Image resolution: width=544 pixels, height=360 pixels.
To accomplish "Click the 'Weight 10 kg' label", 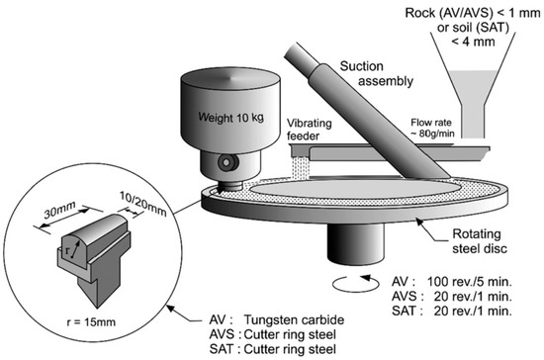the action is pyautogui.click(x=231, y=118).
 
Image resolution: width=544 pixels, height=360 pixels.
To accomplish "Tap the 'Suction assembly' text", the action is pyautogui.click(x=377, y=73).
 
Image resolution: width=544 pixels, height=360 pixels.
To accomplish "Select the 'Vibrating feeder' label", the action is pyautogui.click(x=310, y=130).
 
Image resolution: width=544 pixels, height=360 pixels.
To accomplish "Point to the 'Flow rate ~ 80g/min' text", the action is pyautogui.click(x=432, y=128).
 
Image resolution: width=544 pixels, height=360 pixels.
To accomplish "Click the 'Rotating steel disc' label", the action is pyautogui.click(x=479, y=241).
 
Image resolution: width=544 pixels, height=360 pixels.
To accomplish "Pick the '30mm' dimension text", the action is pyautogui.click(x=59, y=211).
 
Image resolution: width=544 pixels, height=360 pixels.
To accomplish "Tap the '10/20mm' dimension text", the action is pyautogui.click(x=143, y=204).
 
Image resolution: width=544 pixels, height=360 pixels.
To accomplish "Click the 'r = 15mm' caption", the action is pyautogui.click(x=91, y=321).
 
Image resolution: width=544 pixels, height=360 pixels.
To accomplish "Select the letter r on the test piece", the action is pyautogui.click(x=67, y=250).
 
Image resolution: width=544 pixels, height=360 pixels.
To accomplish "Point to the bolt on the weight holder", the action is pyautogui.click(x=227, y=162).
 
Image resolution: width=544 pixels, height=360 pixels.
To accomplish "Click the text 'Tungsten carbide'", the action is pyautogui.click(x=294, y=319).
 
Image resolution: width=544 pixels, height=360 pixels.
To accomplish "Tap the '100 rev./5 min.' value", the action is pyautogui.click(x=470, y=281).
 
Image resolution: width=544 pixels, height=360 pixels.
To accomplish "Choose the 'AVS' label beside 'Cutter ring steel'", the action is pyautogui.click(x=222, y=334).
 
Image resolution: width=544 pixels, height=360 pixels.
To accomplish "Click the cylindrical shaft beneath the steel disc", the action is pyautogui.click(x=356, y=244).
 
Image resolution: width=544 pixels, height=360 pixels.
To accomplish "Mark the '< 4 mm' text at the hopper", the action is pyautogui.click(x=473, y=42).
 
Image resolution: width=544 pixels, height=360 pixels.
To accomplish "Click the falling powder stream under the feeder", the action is pyautogui.click(x=300, y=168).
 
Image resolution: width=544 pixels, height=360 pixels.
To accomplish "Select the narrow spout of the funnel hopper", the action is pyautogui.click(x=473, y=120).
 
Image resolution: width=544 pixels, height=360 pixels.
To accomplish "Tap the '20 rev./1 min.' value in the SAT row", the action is pyautogui.click(x=473, y=311).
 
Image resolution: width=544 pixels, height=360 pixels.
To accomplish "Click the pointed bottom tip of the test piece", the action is pyautogui.click(x=97, y=308).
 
